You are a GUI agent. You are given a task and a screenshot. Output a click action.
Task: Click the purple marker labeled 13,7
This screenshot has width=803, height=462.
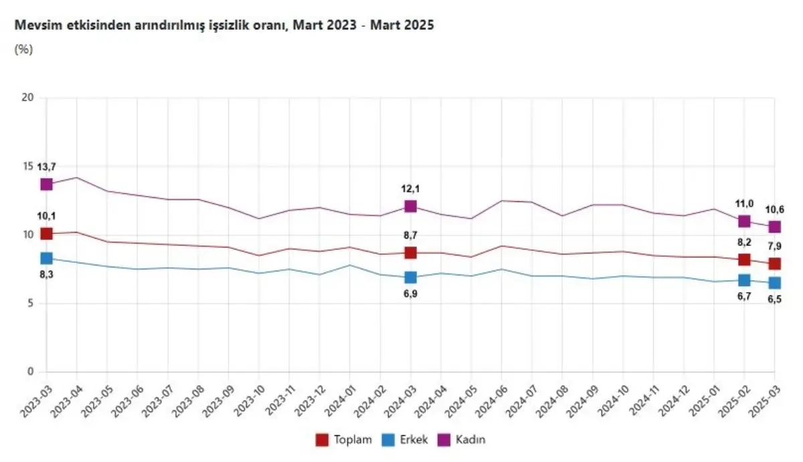tap(46, 184)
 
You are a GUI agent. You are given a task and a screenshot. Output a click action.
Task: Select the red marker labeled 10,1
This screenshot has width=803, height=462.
tap(46, 233)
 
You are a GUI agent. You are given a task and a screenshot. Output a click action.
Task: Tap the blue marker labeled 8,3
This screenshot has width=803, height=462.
tap(46, 258)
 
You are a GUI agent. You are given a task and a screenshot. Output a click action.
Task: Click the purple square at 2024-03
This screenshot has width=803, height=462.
tap(410, 206)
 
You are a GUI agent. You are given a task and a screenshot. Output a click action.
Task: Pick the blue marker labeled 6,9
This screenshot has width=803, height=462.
tap(410, 277)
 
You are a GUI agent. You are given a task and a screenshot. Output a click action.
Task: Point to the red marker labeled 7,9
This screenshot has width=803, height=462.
tap(774, 263)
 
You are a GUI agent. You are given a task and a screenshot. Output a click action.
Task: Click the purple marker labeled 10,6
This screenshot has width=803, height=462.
tap(774, 227)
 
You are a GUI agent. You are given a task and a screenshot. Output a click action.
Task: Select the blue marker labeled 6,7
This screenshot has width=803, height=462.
tap(744, 279)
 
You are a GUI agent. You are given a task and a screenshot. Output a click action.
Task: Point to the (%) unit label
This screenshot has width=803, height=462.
tap(23, 49)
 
